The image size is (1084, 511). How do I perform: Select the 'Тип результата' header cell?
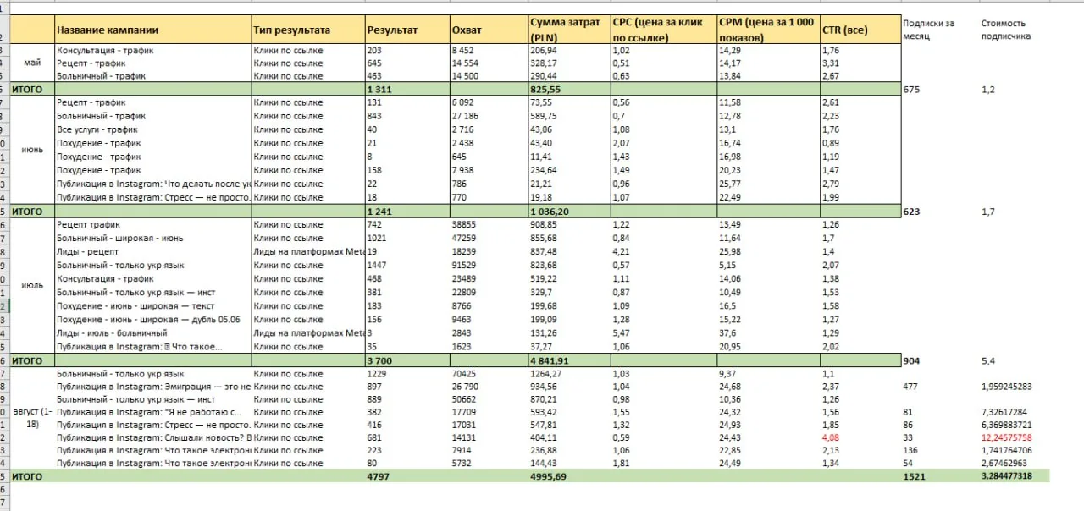[291, 30]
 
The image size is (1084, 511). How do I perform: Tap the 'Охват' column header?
[467, 30]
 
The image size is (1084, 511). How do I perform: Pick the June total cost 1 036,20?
[551, 211]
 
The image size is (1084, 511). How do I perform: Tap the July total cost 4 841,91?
[551, 360]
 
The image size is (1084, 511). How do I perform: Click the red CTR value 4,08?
[832, 437]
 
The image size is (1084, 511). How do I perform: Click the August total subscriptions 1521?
[915, 476]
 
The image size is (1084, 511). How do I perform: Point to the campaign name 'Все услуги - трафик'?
[97, 129]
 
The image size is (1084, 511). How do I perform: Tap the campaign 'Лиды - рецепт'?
[87, 251]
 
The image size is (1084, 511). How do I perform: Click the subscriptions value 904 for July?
[912, 360]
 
